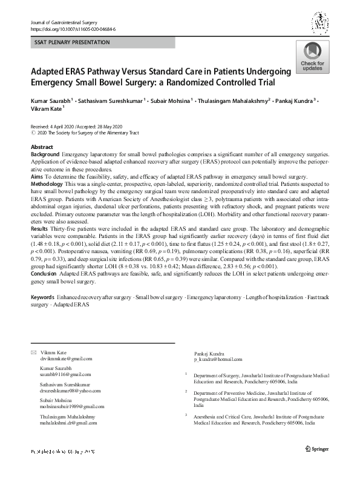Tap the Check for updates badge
(312, 58)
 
